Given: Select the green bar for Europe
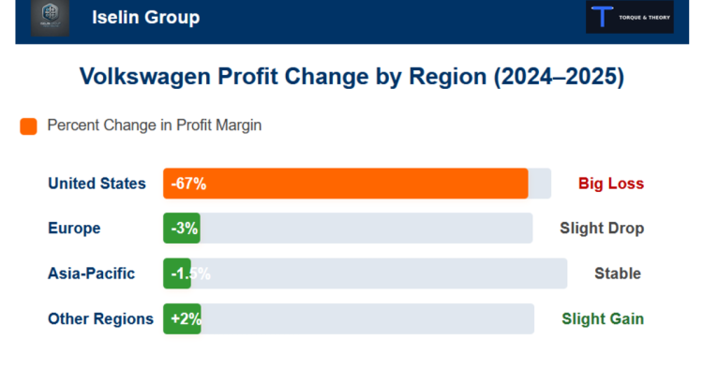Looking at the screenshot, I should click(x=181, y=229).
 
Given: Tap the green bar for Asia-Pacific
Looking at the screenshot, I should click(x=177, y=273).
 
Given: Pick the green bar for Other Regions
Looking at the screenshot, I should click(x=182, y=318).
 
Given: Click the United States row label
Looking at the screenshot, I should click(x=97, y=184).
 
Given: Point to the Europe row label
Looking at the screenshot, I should click(x=74, y=229).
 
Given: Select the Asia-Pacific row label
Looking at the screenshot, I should click(x=91, y=273).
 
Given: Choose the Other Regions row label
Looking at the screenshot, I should click(x=100, y=318).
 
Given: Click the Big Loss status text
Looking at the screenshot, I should click(x=611, y=184).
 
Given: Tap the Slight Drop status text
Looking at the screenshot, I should click(x=602, y=229).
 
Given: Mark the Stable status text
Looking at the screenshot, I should click(x=618, y=273).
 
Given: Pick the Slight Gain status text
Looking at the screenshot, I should click(x=603, y=318).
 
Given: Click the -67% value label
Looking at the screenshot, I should click(x=188, y=184).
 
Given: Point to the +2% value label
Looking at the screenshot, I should click(x=186, y=318).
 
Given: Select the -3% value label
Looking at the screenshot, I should click(x=184, y=229).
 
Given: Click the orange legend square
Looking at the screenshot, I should click(x=28, y=126).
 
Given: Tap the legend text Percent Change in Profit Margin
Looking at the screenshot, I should click(x=154, y=126).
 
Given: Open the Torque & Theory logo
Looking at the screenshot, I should click(x=629, y=18).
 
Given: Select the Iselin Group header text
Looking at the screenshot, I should click(x=145, y=18).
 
